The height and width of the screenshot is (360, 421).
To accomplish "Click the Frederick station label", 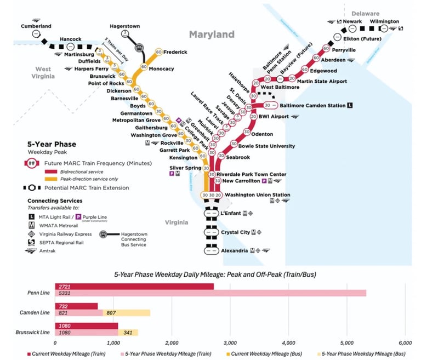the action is pyautogui.click(x=175, y=52).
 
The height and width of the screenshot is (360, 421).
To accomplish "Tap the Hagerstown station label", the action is pyautogui.click(x=124, y=26).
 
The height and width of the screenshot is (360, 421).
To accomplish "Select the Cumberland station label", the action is pyautogui.click(x=36, y=26).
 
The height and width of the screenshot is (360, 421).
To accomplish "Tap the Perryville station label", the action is pyautogui.click(x=344, y=50).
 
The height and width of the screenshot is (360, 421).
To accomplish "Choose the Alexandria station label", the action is pyautogui.click(x=235, y=250).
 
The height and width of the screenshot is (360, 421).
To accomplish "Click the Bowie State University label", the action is pyautogui.click(x=267, y=146).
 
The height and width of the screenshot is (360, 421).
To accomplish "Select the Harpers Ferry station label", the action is pyautogui.click(x=92, y=68).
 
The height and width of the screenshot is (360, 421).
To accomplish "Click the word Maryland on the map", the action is pyautogui.click(x=212, y=35).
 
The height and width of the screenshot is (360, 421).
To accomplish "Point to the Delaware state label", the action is pyautogui.click(x=365, y=13).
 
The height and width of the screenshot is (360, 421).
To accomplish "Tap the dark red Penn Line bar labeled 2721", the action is pyautogui.click(x=134, y=287).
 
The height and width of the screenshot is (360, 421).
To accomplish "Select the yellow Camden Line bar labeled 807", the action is pyautogui.click(x=127, y=313).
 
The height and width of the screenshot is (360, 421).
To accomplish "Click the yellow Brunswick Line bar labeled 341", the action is pyautogui.click(x=128, y=332).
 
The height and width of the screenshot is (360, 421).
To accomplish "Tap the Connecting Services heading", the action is pyautogui.click(x=54, y=201).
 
